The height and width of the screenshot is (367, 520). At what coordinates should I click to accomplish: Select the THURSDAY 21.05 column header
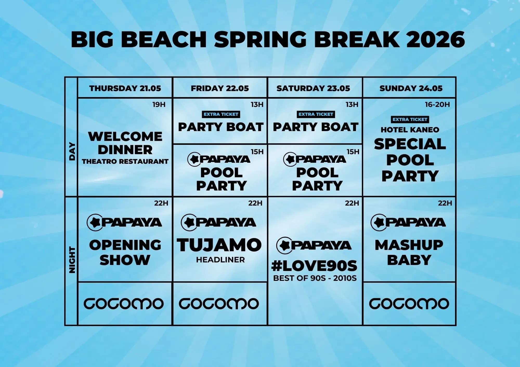point(125,88)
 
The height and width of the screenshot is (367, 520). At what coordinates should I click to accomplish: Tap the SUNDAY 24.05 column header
point(411,88)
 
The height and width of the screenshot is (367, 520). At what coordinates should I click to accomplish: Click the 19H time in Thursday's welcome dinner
point(159,105)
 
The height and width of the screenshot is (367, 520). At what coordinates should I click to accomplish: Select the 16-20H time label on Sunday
point(437,105)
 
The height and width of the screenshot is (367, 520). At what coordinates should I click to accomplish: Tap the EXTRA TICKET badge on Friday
point(221,114)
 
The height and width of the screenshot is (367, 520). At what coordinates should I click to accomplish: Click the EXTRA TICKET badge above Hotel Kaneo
point(410,119)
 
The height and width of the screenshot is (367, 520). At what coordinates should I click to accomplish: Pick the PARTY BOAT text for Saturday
point(315,127)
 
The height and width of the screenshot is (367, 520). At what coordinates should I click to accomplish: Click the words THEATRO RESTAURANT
point(125,161)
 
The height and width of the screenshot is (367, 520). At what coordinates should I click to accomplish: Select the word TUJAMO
point(219,245)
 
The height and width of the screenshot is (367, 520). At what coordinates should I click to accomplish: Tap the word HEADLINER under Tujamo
point(220,260)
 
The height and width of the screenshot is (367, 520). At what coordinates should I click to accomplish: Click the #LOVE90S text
point(314,266)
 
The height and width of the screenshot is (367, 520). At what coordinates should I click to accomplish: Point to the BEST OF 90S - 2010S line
point(315,278)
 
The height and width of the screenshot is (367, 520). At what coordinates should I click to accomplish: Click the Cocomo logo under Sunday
point(409,304)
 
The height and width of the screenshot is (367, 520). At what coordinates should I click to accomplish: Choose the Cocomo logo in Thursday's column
point(123,304)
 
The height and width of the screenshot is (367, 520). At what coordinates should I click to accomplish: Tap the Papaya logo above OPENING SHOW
point(124,222)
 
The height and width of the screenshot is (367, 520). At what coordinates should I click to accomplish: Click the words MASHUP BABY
point(409,252)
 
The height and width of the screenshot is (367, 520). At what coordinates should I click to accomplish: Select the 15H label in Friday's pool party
point(257,152)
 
